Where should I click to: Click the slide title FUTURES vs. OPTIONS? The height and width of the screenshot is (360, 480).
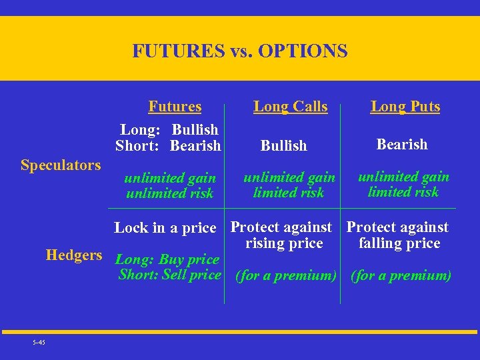[x=239, y=51]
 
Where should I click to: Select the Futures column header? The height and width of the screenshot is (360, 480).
[x=175, y=107]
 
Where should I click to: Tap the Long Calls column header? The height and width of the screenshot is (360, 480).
[x=291, y=107]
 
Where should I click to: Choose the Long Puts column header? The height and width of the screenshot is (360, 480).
[x=405, y=107]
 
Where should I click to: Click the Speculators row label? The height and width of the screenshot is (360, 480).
[x=61, y=165]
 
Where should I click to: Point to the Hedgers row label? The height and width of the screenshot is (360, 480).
[x=74, y=255]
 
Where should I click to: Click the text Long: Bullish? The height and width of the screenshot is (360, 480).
[x=169, y=129]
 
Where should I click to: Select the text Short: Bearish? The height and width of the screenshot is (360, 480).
[x=168, y=145]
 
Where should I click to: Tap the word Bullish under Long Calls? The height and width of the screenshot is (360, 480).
[x=284, y=145]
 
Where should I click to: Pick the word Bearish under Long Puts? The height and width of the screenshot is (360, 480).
[x=402, y=144]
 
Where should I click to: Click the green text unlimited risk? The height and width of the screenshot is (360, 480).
[x=169, y=193]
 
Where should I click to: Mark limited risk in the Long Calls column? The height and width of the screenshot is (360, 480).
[x=289, y=193]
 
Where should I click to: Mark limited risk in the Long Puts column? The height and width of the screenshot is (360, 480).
[x=403, y=192]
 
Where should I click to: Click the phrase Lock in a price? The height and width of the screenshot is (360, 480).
[x=165, y=228]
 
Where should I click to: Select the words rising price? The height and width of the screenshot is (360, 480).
[x=284, y=243]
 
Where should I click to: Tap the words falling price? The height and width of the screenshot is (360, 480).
[x=399, y=243]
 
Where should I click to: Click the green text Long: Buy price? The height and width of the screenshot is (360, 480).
[x=167, y=259]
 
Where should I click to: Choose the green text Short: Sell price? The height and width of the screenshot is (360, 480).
[x=169, y=275]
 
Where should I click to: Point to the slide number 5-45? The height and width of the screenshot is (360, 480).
[x=38, y=343]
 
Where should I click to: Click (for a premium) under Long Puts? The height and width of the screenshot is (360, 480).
[x=401, y=275]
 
